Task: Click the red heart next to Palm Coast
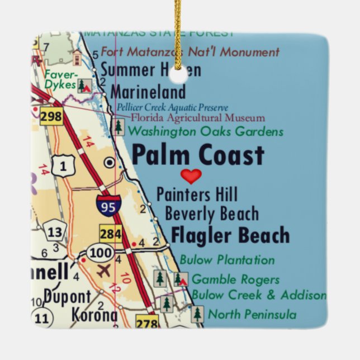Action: tap(191, 177)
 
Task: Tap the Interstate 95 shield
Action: tap(106, 206)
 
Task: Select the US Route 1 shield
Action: tap(62, 165)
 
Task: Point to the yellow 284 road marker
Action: tap(111, 234)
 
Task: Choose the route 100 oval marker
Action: tap(100, 253)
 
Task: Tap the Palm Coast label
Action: tap(197, 155)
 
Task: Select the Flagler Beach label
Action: tap(230, 235)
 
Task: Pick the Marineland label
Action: tap(148, 92)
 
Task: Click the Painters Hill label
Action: tap(197, 195)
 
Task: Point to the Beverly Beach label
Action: tap(212, 214)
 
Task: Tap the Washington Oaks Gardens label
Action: tap(206, 132)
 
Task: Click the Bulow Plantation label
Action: tap(227, 260)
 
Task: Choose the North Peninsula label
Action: tap(252, 315)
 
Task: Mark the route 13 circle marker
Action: tap(54, 232)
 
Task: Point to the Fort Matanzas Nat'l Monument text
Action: tap(190, 53)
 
